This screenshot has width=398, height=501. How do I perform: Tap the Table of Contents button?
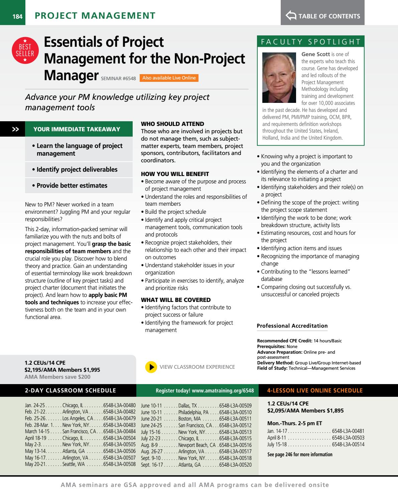(x=323, y=16)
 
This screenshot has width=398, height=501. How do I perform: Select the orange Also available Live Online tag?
(x=169, y=78)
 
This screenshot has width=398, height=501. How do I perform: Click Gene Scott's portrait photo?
(x=279, y=77)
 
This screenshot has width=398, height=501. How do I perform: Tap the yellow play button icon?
(x=151, y=367)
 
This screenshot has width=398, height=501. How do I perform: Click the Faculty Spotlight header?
(x=310, y=42)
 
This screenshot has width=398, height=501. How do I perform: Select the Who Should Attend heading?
(x=172, y=124)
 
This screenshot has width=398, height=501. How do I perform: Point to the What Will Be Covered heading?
(x=176, y=300)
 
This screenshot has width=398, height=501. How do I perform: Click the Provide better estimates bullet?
(x=72, y=186)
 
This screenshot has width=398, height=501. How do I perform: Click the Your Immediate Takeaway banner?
(x=77, y=129)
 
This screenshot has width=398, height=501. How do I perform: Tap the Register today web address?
(x=205, y=390)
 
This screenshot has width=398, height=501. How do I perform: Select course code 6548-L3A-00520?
(x=235, y=465)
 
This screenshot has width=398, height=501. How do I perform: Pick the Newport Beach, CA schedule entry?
(x=197, y=445)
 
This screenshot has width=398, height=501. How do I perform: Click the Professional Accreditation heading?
(x=292, y=326)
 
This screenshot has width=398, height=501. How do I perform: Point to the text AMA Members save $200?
(x=57, y=377)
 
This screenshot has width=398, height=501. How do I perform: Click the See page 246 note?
(x=300, y=455)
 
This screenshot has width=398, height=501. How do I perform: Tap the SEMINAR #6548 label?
(x=120, y=79)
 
